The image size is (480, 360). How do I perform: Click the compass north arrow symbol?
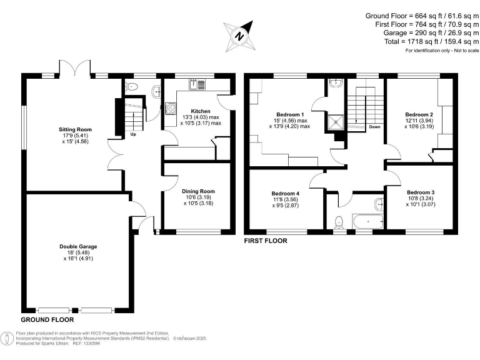tap(239, 35)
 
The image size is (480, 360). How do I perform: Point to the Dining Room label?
tap(198, 191)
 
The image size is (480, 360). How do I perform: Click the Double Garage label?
tap(79, 246)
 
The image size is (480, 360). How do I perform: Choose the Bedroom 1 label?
tap(290, 114)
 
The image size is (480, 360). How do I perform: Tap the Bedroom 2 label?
tap(419, 114)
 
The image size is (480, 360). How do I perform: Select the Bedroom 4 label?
tap(286, 193)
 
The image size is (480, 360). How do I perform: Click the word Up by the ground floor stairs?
tap(133, 134)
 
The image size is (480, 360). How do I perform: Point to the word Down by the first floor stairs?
tap(374, 127)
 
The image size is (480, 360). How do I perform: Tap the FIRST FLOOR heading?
tap(266, 240)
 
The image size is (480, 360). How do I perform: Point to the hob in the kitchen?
tap(170, 107)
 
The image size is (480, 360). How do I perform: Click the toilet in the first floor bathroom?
tap(338, 221)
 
